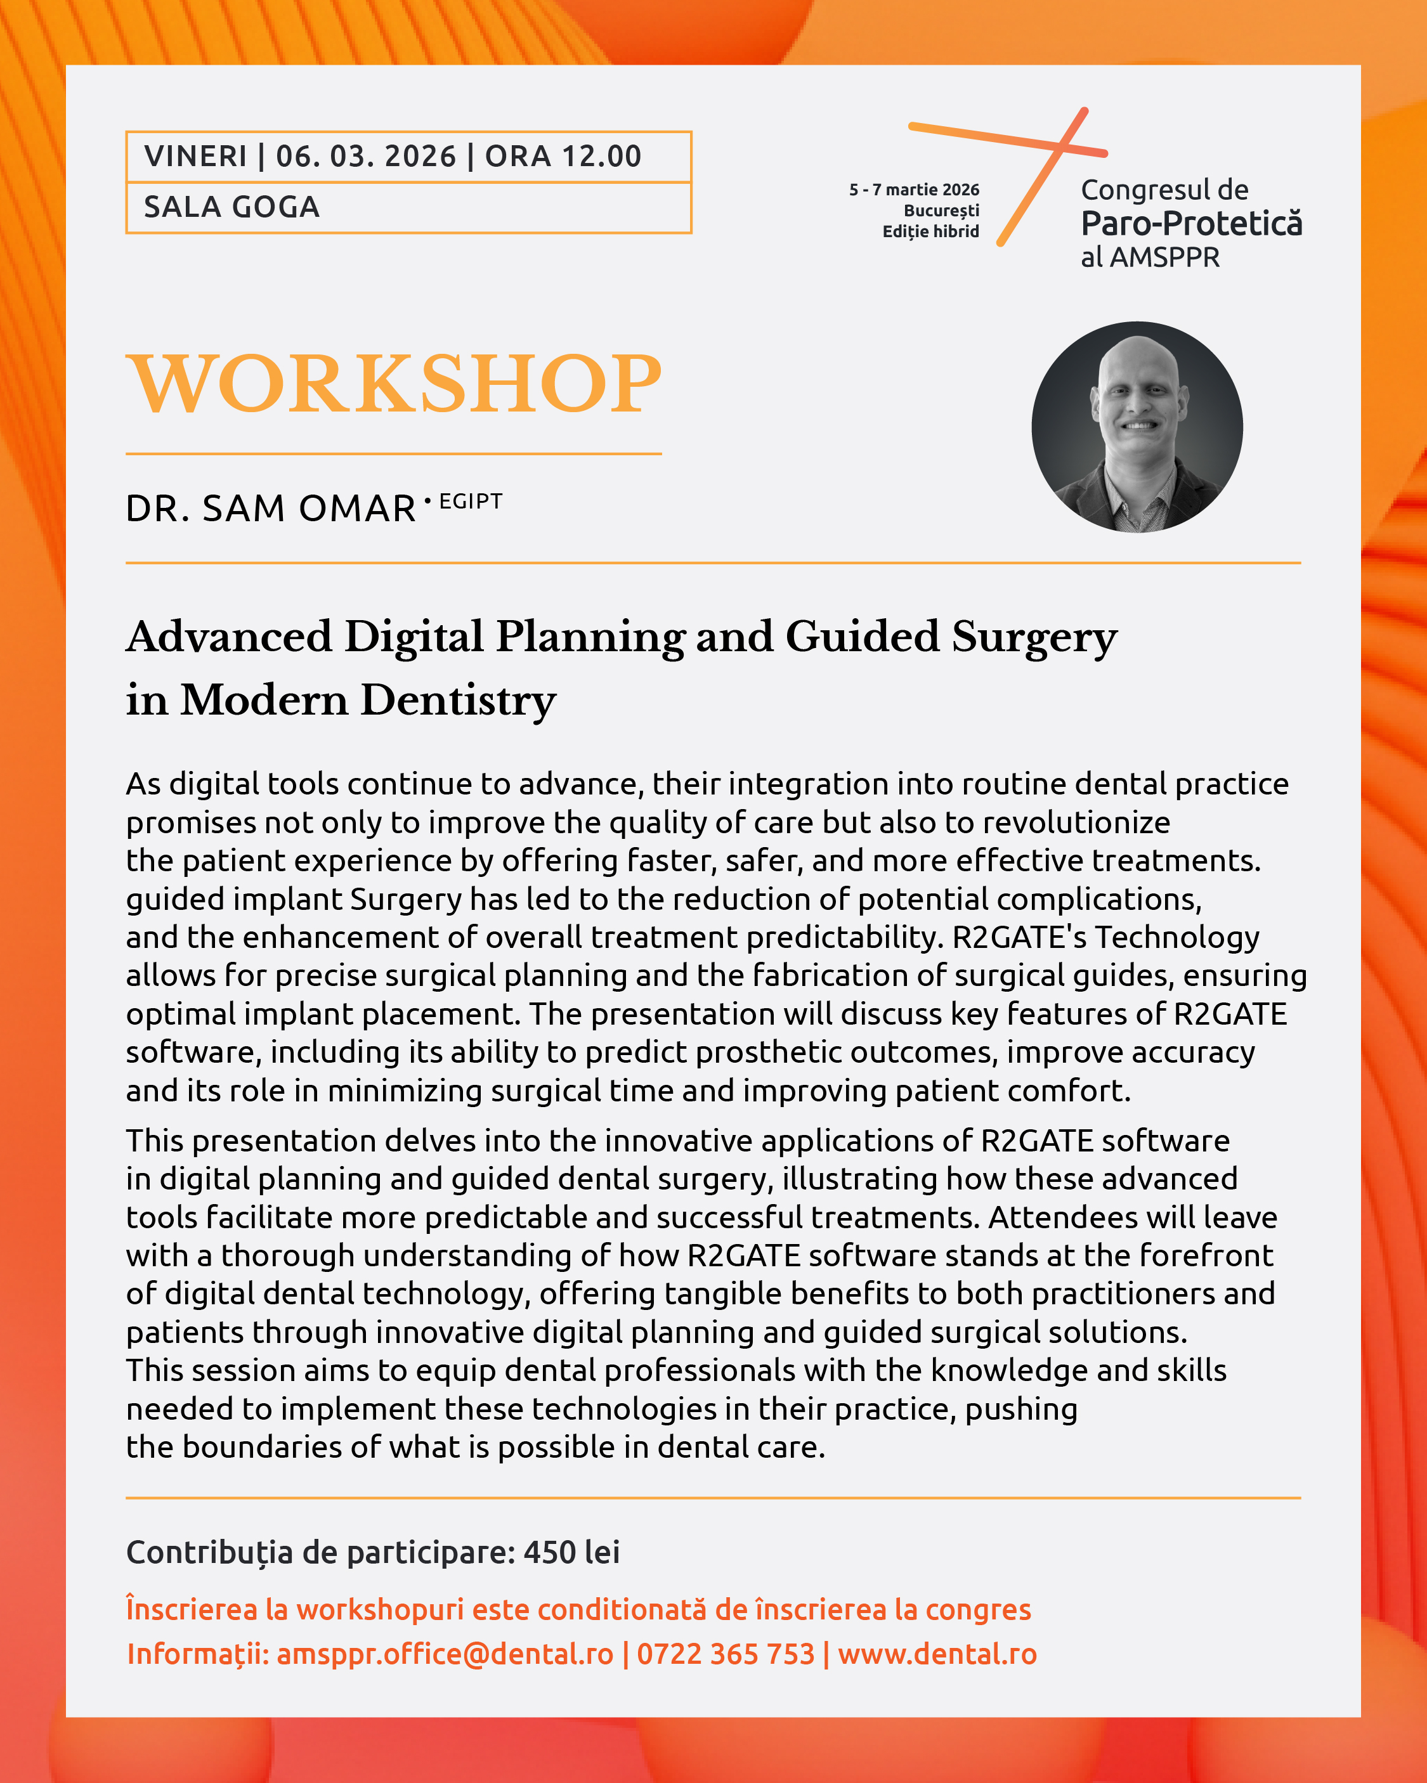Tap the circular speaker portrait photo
pyautogui.click(x=1137, y=427)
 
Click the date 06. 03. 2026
pyautogui.click(x=366, y=157)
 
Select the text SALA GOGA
pyautogui.click(x=231, y=207)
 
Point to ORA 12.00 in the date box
pyautogui.click(x=563, y=157)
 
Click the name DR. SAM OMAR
pyautogui.click(x=271, y=509)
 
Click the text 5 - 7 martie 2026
pyautogui.click(x=914, y=190)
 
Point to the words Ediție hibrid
pyautogui.click(x=930, y=231)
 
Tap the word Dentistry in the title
pyautogui.click(x=459, y=701)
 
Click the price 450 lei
pyautogui.click(x=571, y=1552)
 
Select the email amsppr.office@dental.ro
pyautogui.click(x=445, y=1654)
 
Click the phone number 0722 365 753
pyautogui.click(x=726, y=1654)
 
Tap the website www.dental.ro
pyautogui.click(x=937, y=1654)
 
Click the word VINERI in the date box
pyautogui.click(x=195, y=157)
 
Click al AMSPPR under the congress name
pyautogui.click(x=1150, y=258)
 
